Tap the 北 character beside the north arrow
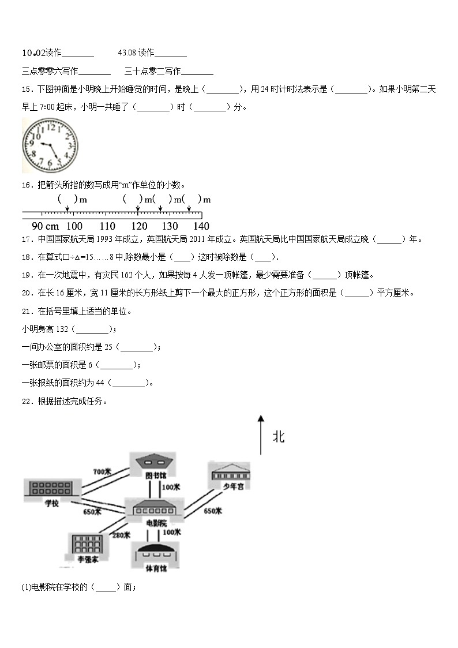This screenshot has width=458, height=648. [x=279, y=437]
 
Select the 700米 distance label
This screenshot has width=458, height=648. [x=102, y=472]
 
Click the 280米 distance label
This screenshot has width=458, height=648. [x=121, y=535]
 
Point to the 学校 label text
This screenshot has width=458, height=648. [x=52, y=503]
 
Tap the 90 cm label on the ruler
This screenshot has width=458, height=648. [x=45, y=226]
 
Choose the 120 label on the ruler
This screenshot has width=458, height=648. [x=138, y=226]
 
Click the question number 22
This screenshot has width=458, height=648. [x=27, y=401]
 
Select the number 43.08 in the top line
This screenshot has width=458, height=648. [x=127, y=53]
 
